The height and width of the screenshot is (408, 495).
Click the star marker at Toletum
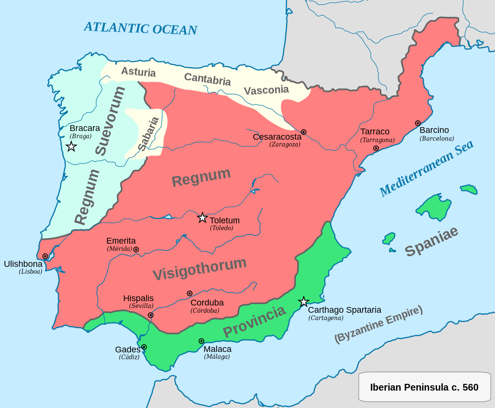point(202,218)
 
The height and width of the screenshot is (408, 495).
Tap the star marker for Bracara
point(71,146)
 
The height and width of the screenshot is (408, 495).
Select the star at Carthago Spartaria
point(304,302)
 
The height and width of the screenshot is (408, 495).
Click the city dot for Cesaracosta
point(304,132)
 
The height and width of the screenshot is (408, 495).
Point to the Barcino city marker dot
point(418,123)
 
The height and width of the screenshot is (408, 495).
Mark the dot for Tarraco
point(376,148)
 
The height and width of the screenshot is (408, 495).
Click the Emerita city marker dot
point(136,249)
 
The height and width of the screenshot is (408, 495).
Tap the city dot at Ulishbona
point(45,256)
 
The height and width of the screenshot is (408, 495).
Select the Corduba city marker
point(189,293)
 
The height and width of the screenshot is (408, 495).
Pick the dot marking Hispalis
point(151,315)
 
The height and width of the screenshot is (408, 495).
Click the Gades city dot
point(144,347)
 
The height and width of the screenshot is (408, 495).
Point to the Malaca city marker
point(201,341)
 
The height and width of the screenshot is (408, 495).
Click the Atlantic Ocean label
point(141,28)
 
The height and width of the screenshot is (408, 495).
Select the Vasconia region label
point(266,90)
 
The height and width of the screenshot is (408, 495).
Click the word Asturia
point(138,73)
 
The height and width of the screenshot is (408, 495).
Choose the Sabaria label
point(148,134)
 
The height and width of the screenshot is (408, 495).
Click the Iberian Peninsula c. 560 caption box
point(424,387)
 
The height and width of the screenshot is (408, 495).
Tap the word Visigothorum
point(200,269)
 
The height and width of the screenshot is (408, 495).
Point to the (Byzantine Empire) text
point(378,324)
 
